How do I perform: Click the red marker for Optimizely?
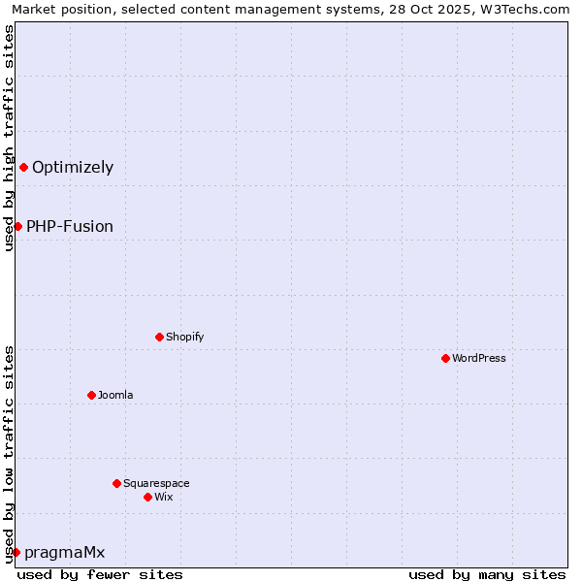click(x=23, y=167)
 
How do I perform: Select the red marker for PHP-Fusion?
click(x=17, y=226)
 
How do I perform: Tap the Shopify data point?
click(x=159, y=337)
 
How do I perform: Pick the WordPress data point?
click(x=445, y=358)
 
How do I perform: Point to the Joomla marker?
click(x=91, y=395)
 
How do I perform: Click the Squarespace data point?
click(x=116, y=483)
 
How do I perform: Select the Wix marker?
click(x=147, y=497)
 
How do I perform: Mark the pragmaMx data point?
click(x=16, y=552)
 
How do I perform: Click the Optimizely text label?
click(x=73, y=167)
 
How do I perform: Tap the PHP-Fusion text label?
click(x=70, y=226)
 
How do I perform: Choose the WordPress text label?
click(x=479, y=358)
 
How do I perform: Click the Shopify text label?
click(x=185, y=337)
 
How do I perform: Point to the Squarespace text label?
click(x=156, y=483)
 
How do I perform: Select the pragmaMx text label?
click(x=64, y=552)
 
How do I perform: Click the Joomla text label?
click(x=115, y=395)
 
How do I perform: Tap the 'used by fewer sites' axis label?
click(x=100, y=574)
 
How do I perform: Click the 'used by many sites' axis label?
click(x=487, y=574)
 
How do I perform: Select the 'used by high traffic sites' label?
click(x=9, y=138)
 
